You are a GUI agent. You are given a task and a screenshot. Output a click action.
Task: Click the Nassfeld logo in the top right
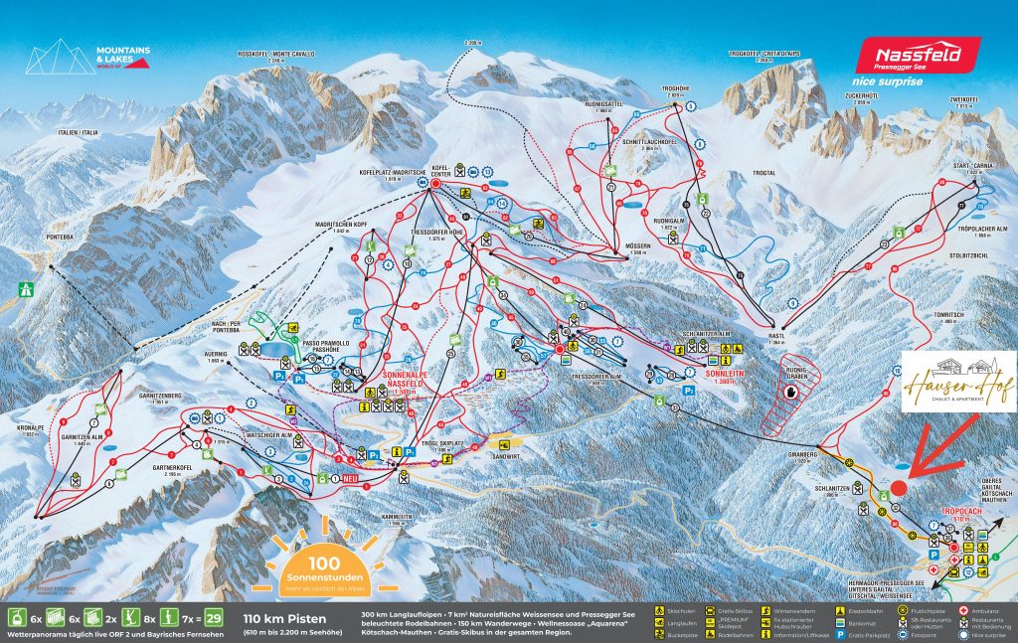pos(918,56)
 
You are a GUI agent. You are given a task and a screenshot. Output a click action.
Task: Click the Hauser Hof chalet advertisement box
pos(958,382)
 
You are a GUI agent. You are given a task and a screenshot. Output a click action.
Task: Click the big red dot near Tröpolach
pos(899,488)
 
